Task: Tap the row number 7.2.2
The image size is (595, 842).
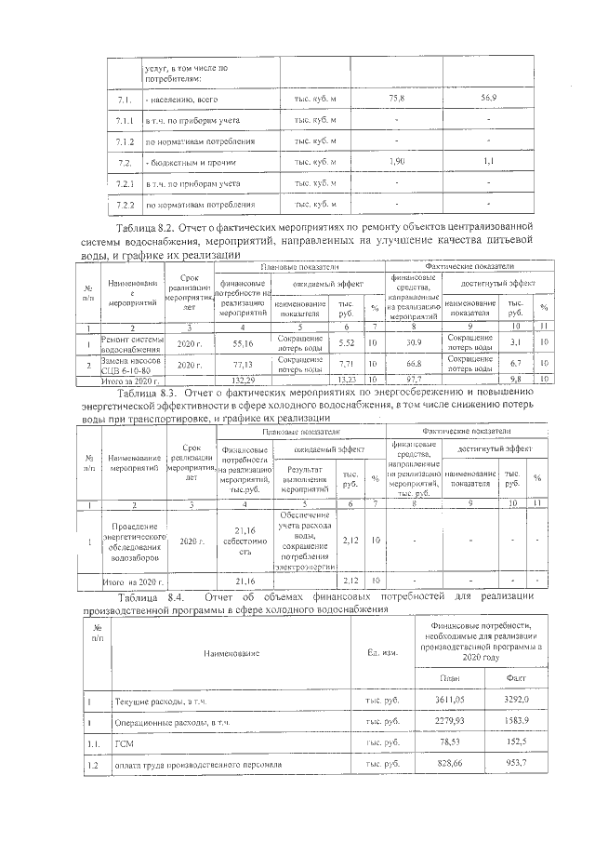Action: (x=126, y=204)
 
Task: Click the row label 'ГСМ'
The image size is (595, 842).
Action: (x=125, y=743)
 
